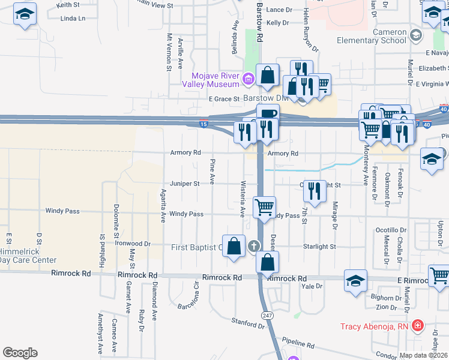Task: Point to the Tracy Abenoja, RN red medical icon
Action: click(x=418, y=327)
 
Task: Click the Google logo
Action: click(x=20, y=352)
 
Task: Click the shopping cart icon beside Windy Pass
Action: click(x=264, y=208)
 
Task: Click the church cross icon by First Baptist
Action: click(x=254, y=245)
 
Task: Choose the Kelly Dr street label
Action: click(x=277, y=22)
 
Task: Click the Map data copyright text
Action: click(x=423, y=355)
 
